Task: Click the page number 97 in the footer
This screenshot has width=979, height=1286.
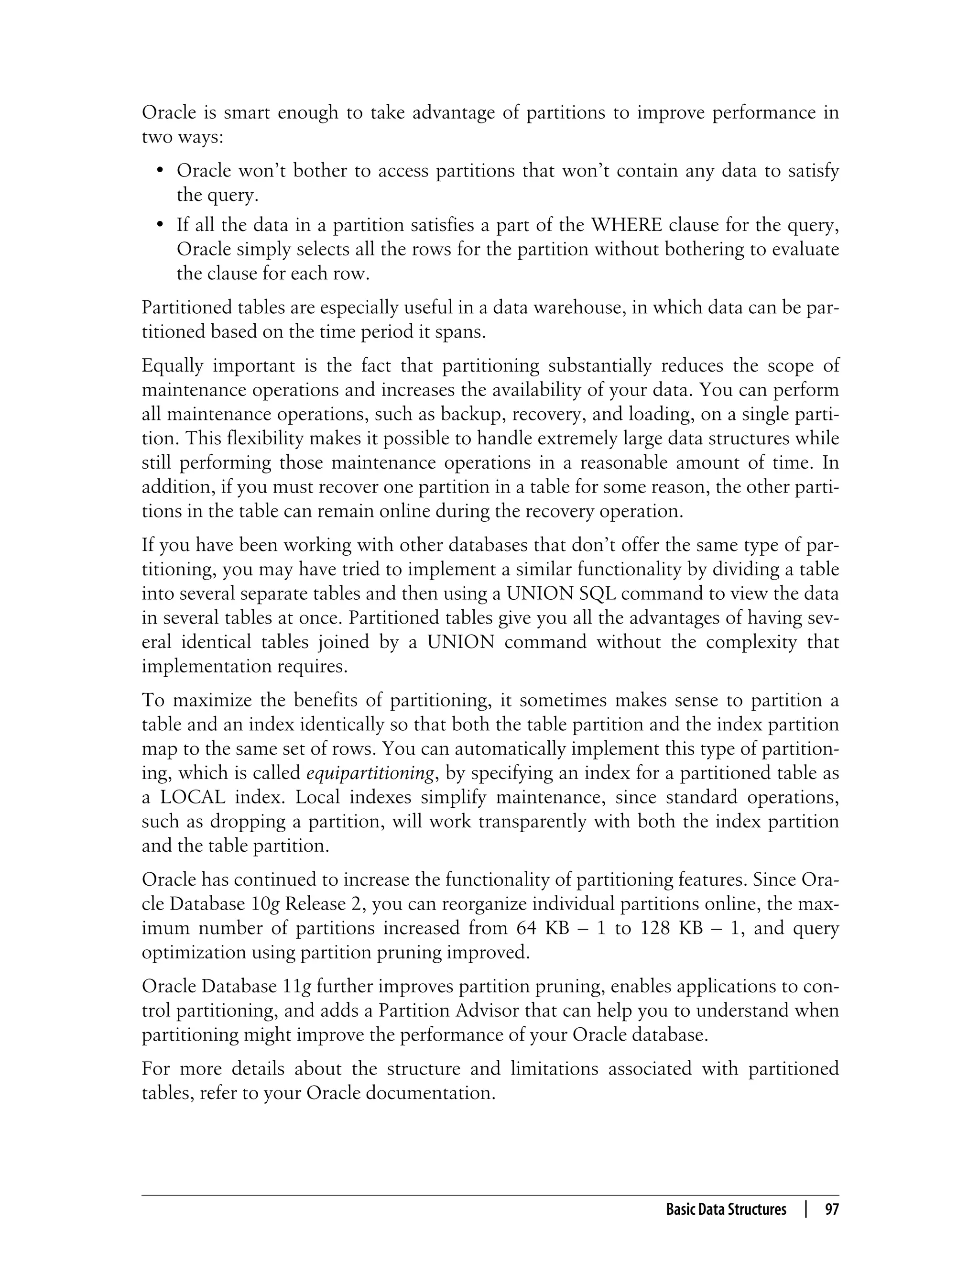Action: click(832, 1209)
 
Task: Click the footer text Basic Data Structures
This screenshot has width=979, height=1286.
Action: click(726, 1209)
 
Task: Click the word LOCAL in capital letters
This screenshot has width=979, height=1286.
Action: click(194, 797)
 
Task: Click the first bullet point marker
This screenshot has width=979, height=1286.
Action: click(160, 171)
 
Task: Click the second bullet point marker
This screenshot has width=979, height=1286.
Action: click(160, 225)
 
